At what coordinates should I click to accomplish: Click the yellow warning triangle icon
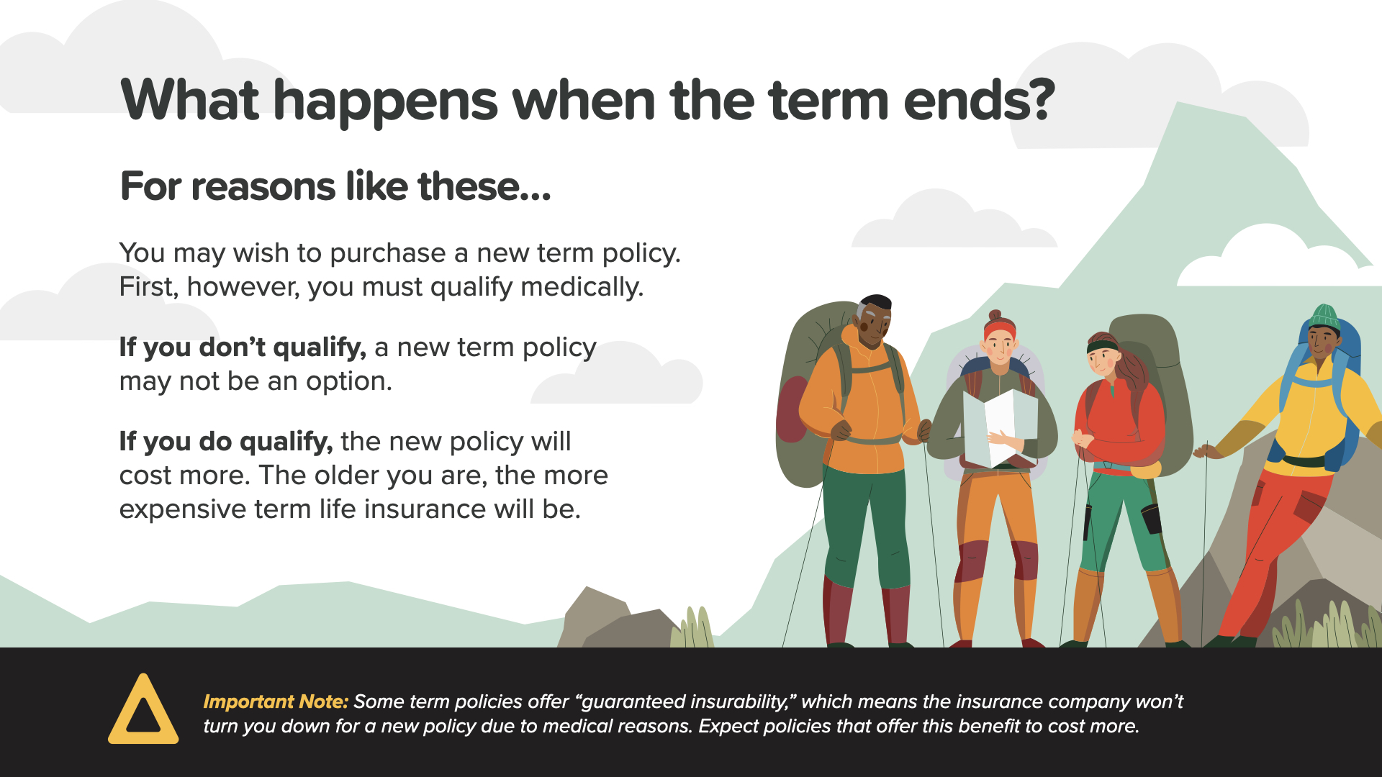[143, 711]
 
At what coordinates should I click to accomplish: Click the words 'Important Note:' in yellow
[276, 701]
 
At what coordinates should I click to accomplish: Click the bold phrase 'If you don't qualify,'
[243, 347]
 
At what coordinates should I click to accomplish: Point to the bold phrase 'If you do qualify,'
[226, 442]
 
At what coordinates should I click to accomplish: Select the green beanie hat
[1325, 317]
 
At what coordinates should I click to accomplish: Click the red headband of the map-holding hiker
[1000, 330]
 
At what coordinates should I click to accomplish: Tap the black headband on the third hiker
[1103, 347]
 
